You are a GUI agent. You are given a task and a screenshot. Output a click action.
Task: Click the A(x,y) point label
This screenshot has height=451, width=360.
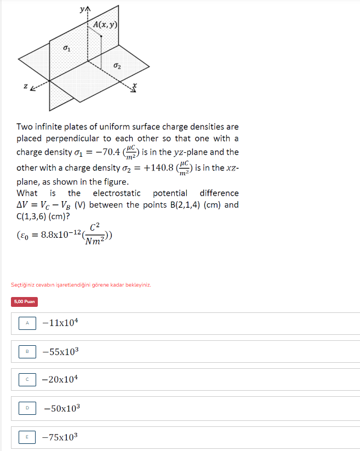click(x=105, y=25)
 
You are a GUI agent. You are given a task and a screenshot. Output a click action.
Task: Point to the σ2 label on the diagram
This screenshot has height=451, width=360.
click(x=117, y=66)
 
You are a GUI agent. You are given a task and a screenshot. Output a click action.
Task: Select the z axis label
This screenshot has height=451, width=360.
click(x=25, y=86)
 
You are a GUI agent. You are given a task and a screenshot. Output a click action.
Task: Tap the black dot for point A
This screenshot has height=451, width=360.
click(x=101, y=36)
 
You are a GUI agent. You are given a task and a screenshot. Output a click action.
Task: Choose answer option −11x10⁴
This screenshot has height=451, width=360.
click(x=60, y=323)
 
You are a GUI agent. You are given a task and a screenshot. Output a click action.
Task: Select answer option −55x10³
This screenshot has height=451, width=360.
click(x=60, y=351)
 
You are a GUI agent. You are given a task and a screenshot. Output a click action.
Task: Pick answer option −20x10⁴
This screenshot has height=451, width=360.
click(x=60, y=379)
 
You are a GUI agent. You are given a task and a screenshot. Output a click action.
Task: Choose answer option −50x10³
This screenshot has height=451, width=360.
click(x=61, y=408)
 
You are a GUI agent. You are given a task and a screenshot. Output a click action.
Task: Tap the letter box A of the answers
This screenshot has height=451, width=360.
click(x=27, y=323)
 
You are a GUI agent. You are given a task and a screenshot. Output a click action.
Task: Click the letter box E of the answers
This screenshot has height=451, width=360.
click(x=27, y=437)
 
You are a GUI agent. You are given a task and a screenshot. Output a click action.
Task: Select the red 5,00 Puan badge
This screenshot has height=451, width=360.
click(x=25, y=301)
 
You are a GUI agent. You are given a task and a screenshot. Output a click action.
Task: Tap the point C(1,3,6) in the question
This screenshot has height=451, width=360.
click(x=37, y=216)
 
